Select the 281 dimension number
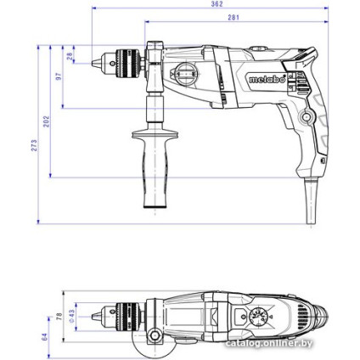click(233, 17)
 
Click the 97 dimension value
click(59, 76)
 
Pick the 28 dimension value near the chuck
click(70, 56)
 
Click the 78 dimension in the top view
click(59, 316)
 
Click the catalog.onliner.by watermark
click(269, 344)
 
